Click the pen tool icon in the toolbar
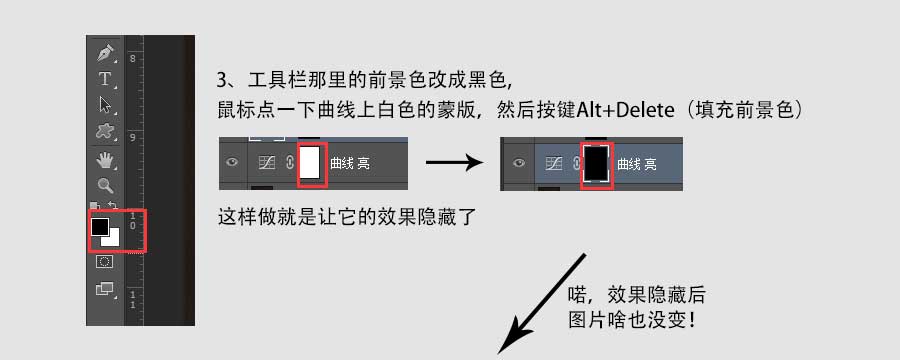(104, 53)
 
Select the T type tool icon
(104, 78)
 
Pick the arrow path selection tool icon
(104, 104)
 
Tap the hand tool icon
(104, 160)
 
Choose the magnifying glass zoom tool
(104, 186)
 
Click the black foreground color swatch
(99, 227)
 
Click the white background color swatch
(113, 239)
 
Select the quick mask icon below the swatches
(104, 262)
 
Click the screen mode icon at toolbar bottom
(104, 289)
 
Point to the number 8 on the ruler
(133, 59)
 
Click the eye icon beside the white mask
(233, 163)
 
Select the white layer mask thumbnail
(310, 162)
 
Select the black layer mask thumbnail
(596, 162)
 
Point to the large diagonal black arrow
(545, 300)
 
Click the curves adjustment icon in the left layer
(266, 163)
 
